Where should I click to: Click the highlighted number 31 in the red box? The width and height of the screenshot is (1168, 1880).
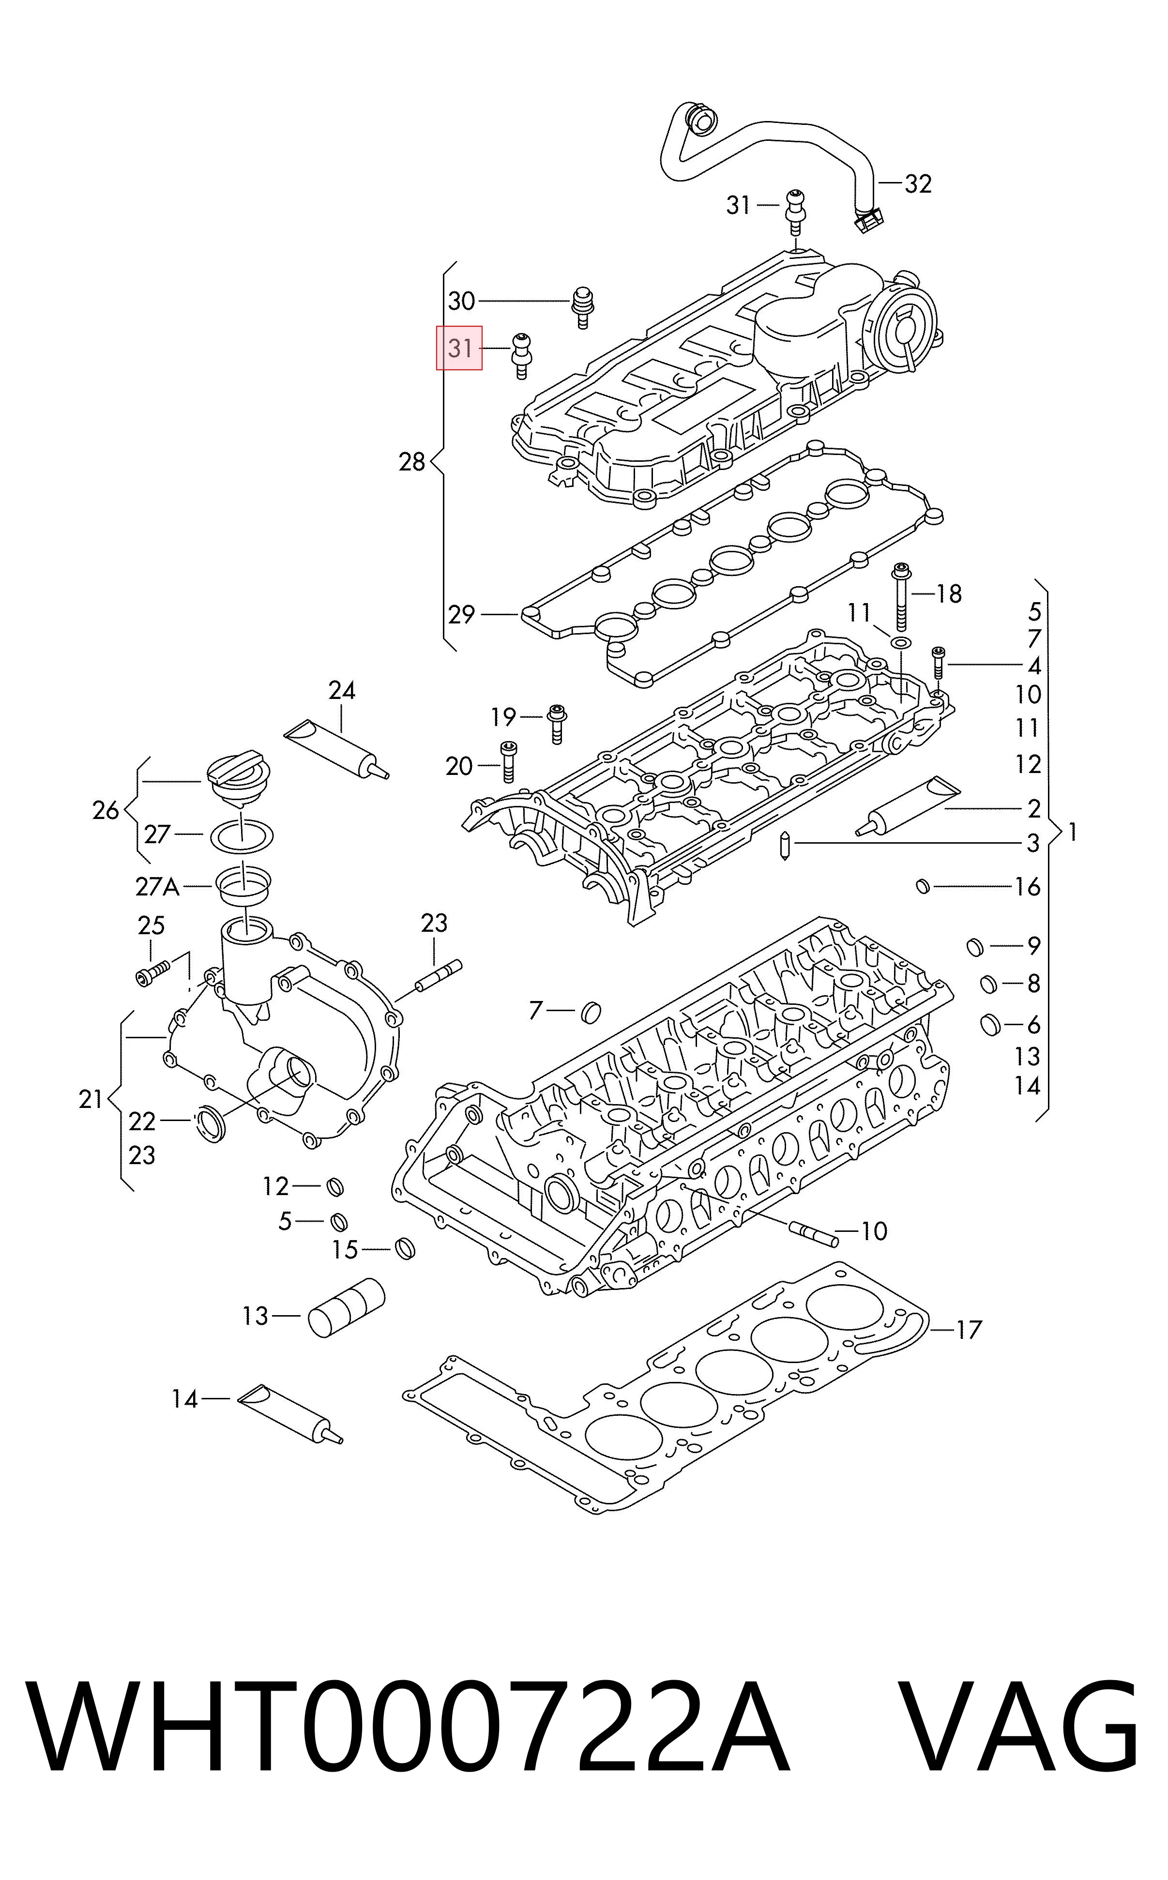pyautogui.click(x=460, y=349)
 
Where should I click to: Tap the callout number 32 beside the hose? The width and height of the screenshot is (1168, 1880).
pyautogui.click(x=918, y=184)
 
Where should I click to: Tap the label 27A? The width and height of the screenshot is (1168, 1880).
pyautogui.click(x=158, y=887)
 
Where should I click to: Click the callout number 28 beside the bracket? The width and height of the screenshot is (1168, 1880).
pyautogui.click(x=412, y=463)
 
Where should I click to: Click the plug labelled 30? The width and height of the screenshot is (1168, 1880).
pyautogui.click(x=584, y=307)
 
